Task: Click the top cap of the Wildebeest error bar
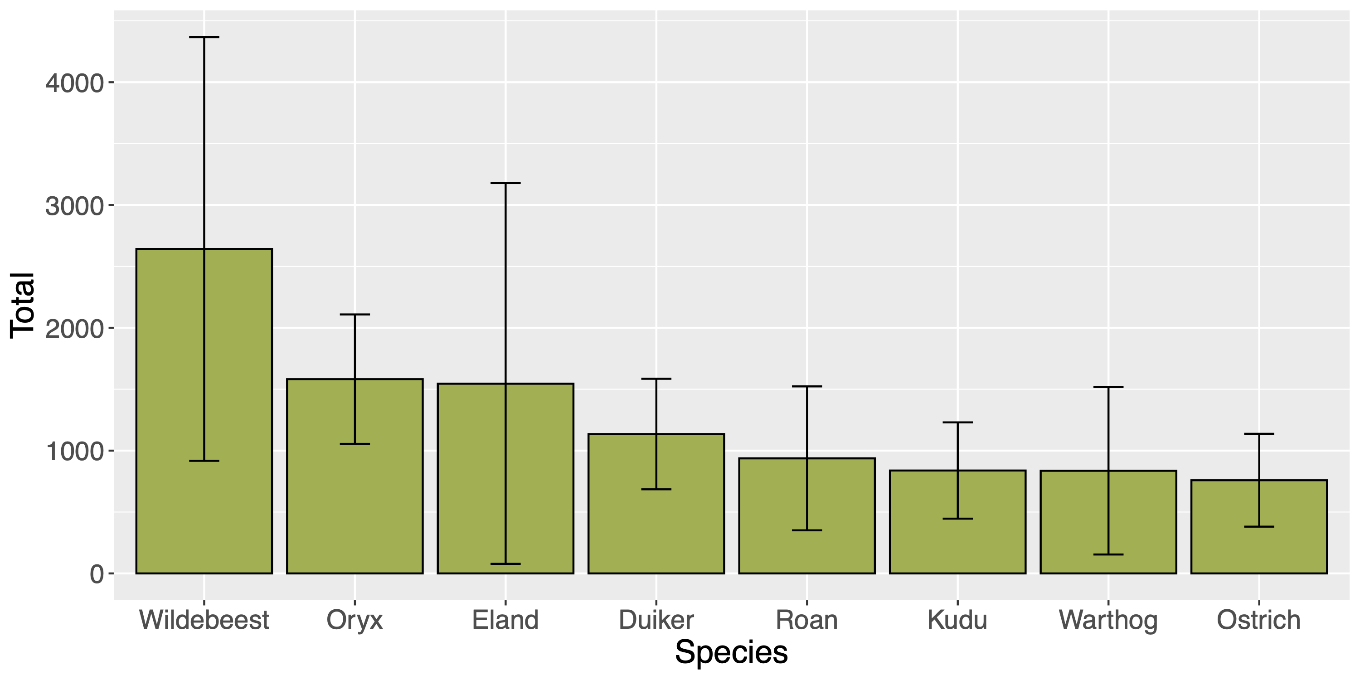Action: (204, 38)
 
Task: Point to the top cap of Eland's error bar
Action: (505, 183)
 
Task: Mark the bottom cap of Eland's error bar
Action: (505, 564)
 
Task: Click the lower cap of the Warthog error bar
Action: (1107, 554)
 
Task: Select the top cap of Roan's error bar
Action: (807, 386)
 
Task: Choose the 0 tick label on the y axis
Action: (97, 574)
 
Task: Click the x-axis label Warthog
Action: (1107, 620)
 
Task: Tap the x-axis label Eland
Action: (505, 620)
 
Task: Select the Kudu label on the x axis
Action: (957, 620)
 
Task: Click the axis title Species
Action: (731, 652)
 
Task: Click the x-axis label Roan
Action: (807, 620)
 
